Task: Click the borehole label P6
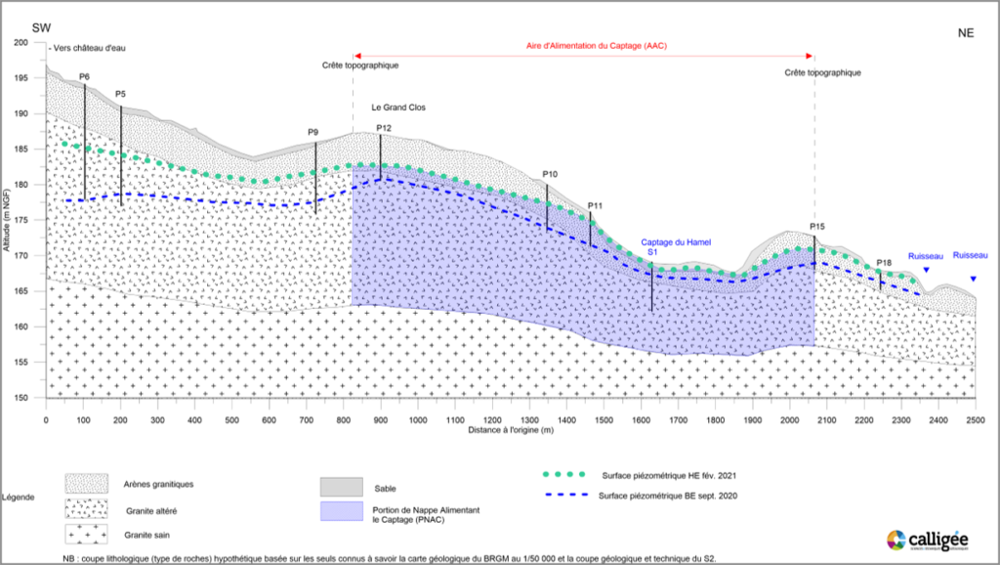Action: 84,76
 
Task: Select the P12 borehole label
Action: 383,128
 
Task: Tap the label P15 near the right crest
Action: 817,227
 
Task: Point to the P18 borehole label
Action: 884,263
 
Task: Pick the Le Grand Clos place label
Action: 397,108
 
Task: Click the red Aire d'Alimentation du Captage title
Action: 584,47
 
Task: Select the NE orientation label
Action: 966,32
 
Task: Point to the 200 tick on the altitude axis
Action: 21,43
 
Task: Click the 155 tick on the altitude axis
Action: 21,362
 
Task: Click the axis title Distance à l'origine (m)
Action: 510,430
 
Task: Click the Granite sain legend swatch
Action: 93,535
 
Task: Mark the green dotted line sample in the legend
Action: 566,474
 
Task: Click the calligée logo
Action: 929,541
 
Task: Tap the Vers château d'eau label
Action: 88,47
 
